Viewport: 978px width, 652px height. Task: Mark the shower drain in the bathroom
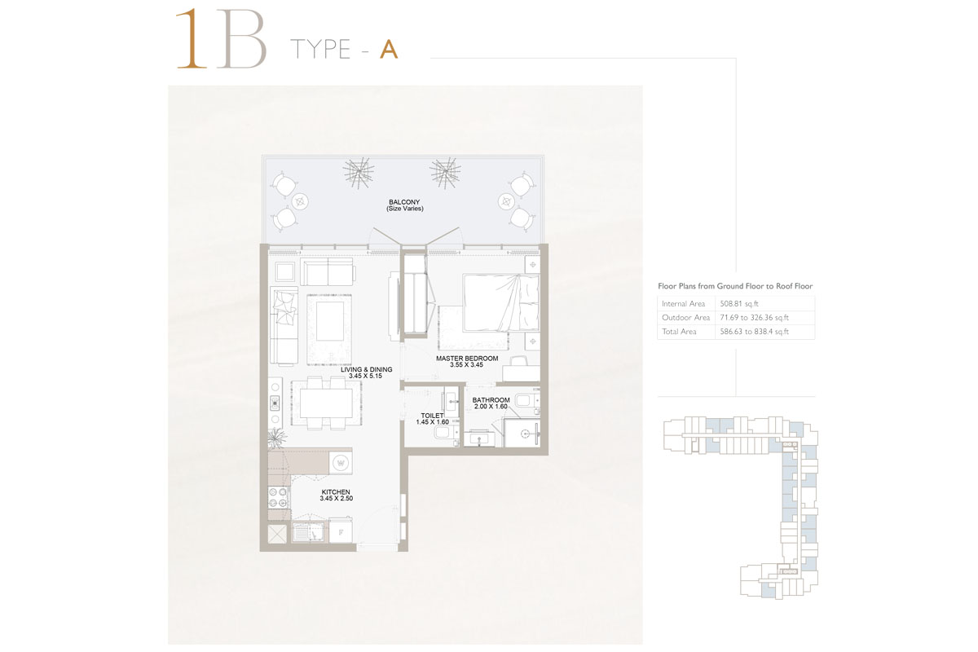pyautogui.click(x=526, y=434)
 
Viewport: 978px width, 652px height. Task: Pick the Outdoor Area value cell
pyautogui.click(x=753, y=318)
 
